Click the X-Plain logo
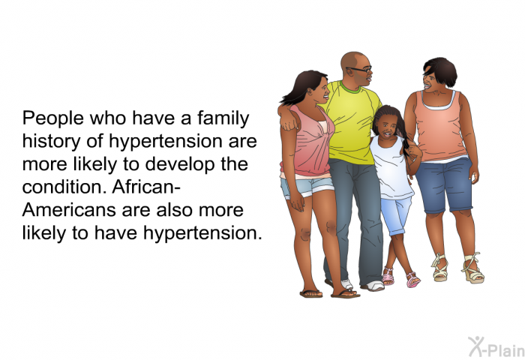495,346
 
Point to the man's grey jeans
352,217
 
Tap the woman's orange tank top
442,124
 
